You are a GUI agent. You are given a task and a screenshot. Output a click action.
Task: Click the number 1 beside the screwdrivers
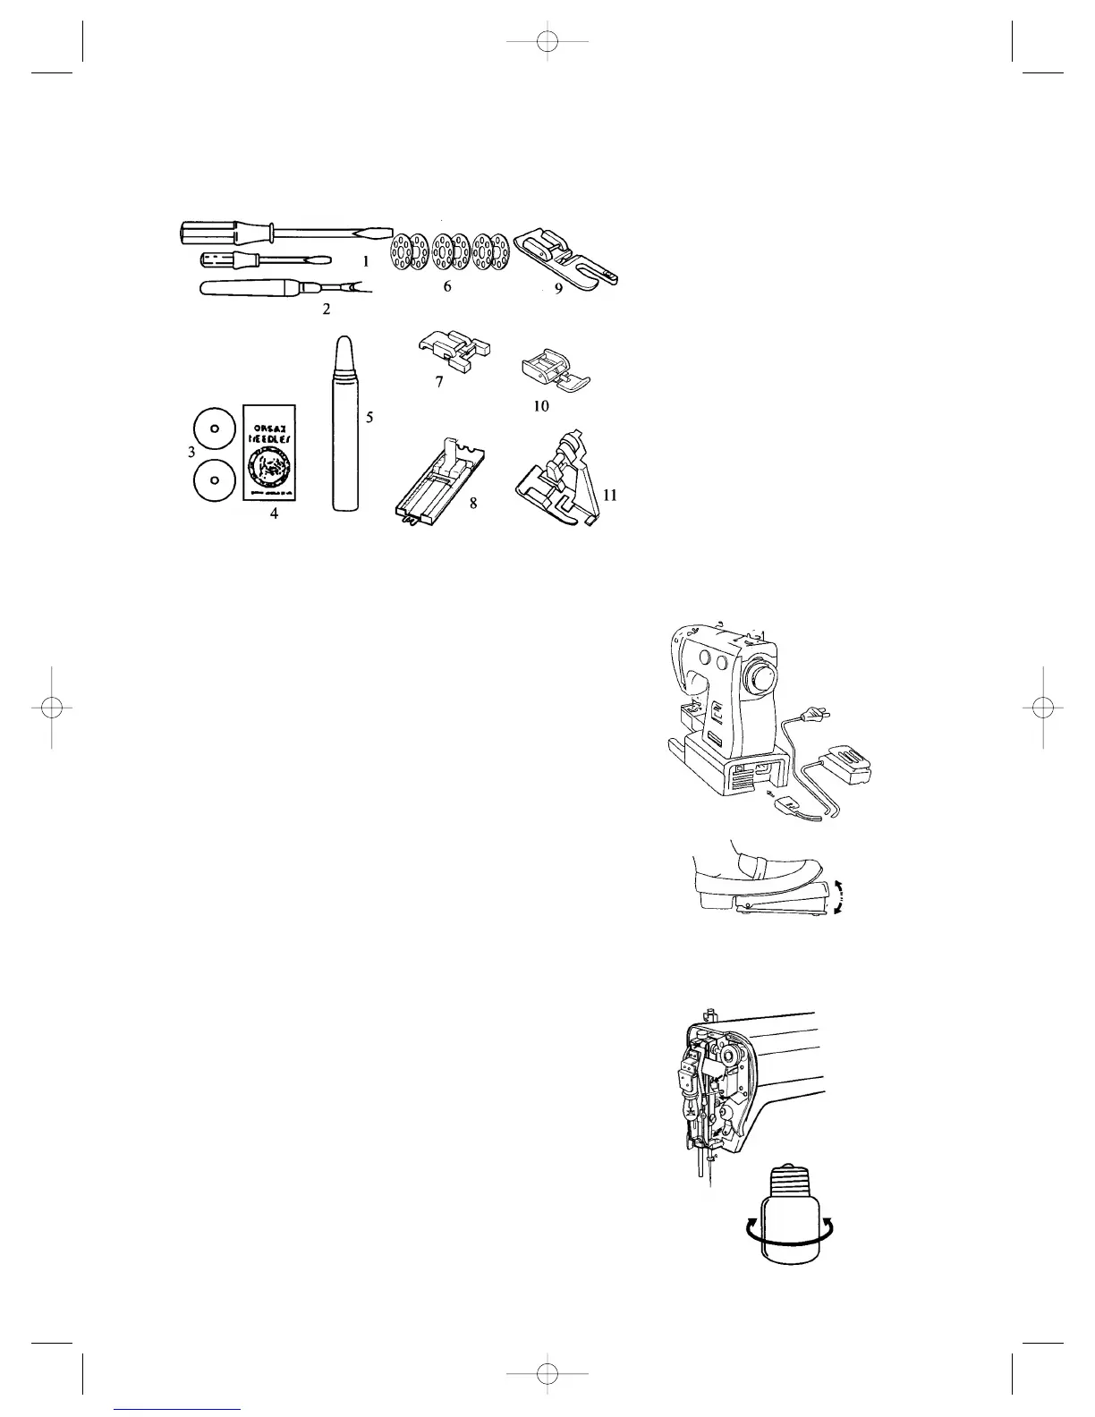click(365, 263)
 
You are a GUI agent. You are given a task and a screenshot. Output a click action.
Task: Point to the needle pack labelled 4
click(269, 453)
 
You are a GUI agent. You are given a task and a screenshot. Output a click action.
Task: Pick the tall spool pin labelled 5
click(345, 424)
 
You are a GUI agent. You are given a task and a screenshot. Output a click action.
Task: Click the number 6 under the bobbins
click(447, 287)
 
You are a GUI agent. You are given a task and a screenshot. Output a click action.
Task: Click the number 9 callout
click(558, 290)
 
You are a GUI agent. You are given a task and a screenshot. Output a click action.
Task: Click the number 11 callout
click(611, 494)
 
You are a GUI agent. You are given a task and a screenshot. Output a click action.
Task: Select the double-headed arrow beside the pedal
click(838, 896)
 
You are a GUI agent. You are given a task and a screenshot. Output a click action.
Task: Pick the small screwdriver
click(259, 261)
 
